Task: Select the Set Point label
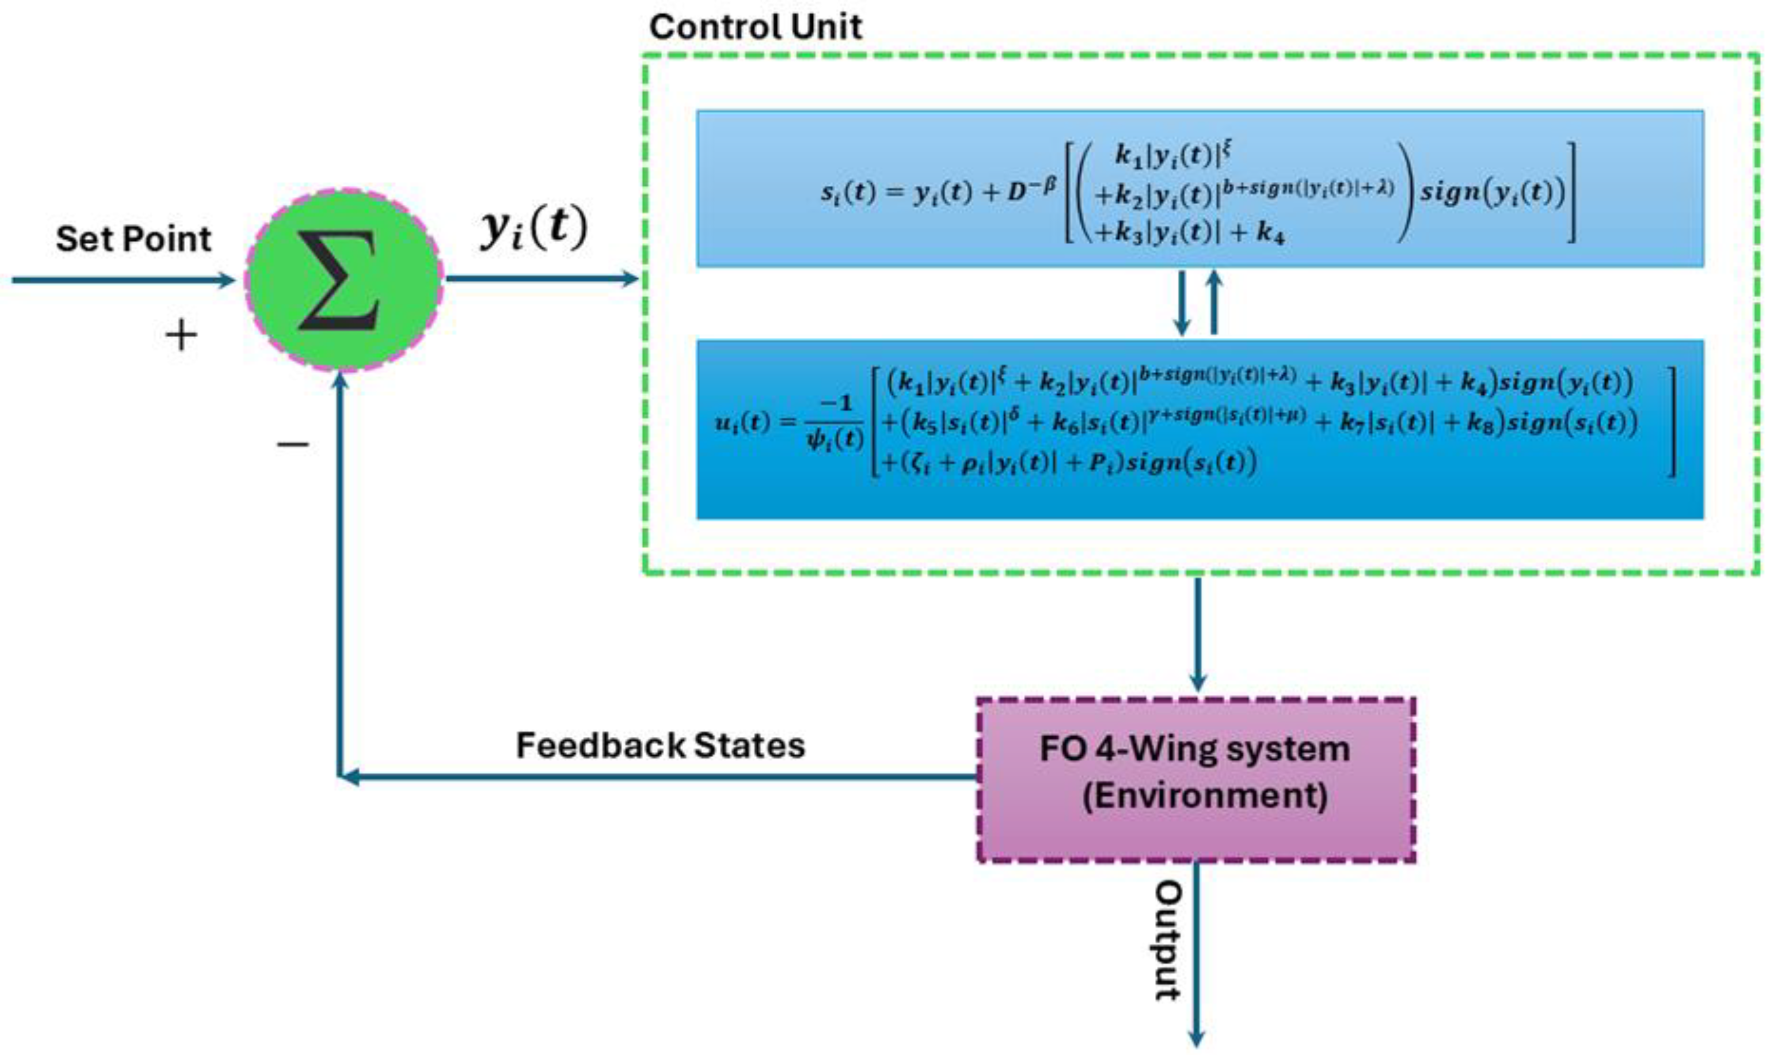tap(133, 239)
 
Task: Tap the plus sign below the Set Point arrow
tap(181, 335)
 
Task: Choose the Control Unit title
tap(755, 27)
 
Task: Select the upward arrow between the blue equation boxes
tap(1214, 302)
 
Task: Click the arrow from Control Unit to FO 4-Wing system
tap(1198, 633)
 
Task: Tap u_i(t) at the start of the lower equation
tap(743, 423)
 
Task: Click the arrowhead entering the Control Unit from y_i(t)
tap(630, 279)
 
